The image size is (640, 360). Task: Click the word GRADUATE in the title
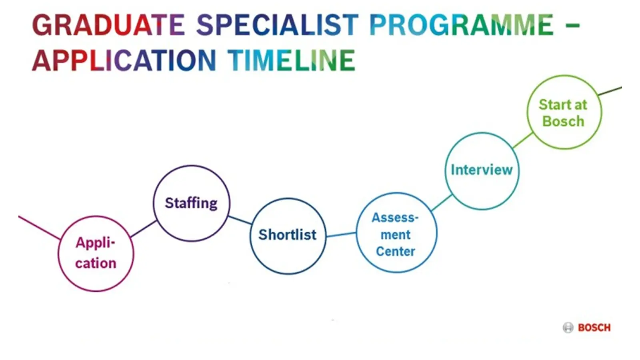(x=108, y=25)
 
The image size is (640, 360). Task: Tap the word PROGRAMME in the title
(x=461, y=25)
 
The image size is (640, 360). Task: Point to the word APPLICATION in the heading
(x=124, y=60)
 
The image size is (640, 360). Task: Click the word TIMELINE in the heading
(x=292, y=60)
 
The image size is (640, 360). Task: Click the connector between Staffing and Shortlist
(x=240, y=220)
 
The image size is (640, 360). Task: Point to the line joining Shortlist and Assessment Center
(x=342, y=234)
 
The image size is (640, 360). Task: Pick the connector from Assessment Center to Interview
(x=442, y=202)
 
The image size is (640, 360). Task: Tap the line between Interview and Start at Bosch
(x=523, y=140)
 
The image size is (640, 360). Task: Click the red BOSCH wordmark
(x=594, y=328)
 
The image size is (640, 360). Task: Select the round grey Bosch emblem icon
(x=568, y=328)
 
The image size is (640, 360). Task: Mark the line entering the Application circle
(x=40, y=228)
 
